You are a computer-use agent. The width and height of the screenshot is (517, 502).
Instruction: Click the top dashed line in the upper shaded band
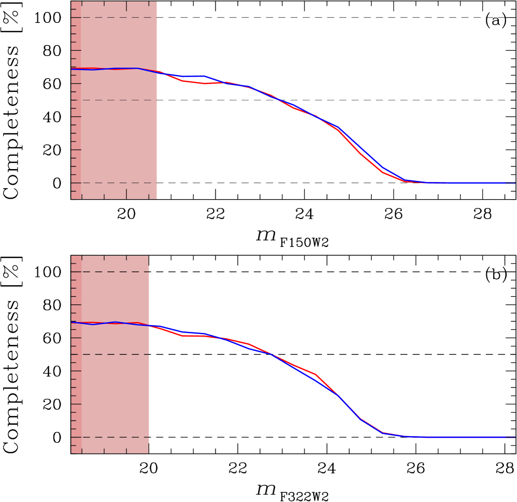tap(114, 18)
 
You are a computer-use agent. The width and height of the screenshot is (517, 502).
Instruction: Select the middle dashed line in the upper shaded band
tap(114, 100)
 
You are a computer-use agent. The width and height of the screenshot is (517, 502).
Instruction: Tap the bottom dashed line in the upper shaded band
tap(114, 183)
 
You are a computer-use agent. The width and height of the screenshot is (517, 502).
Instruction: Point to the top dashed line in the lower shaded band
tap(114, 272)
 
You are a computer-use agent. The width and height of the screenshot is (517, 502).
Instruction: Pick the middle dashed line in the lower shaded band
tap(114, 354)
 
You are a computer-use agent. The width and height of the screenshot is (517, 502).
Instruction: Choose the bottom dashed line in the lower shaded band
tap(114, 437)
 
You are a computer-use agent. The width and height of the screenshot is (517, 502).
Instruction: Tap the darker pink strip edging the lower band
tap(76, 389)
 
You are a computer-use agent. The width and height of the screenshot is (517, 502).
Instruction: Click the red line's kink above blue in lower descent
tap(315, 374)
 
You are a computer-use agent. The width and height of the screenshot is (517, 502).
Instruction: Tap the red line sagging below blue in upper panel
tap(205, 83)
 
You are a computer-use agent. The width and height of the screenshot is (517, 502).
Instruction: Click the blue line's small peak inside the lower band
tap(116, 322)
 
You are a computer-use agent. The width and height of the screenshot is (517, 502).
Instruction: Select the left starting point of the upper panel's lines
tap(72, 68)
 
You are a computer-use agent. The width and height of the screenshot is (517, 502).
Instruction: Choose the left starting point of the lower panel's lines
tap(72, 323)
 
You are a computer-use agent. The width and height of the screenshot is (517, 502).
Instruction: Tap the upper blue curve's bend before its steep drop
tap(338, 127)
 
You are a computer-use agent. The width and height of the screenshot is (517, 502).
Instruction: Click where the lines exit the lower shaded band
tap(149, 326)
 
